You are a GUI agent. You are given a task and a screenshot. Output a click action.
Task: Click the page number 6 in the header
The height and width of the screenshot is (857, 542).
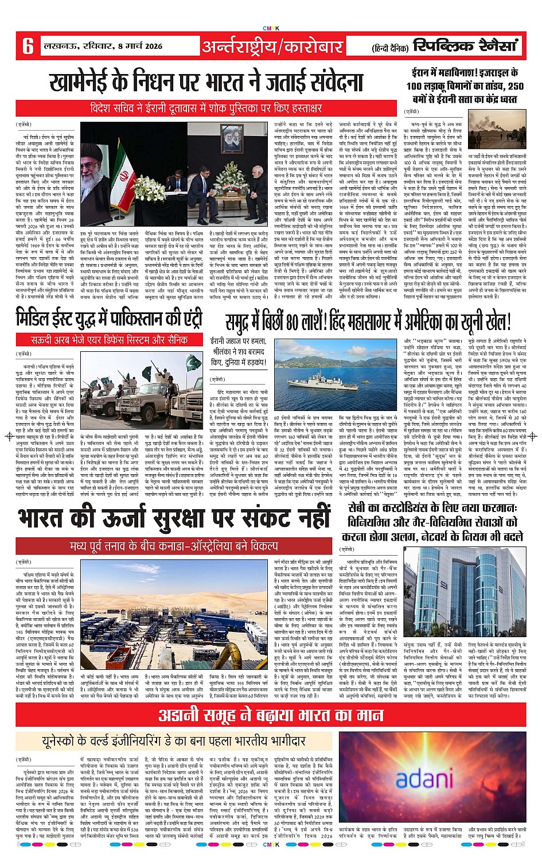coord(28,45)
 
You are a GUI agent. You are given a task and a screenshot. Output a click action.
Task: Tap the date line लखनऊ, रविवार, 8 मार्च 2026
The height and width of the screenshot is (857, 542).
coord(103,46)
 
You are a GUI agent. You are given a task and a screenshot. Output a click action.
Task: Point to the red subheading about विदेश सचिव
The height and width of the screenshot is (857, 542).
coord(206,108)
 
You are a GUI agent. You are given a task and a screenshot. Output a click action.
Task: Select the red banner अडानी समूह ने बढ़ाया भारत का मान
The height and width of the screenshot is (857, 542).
coord(271,715)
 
